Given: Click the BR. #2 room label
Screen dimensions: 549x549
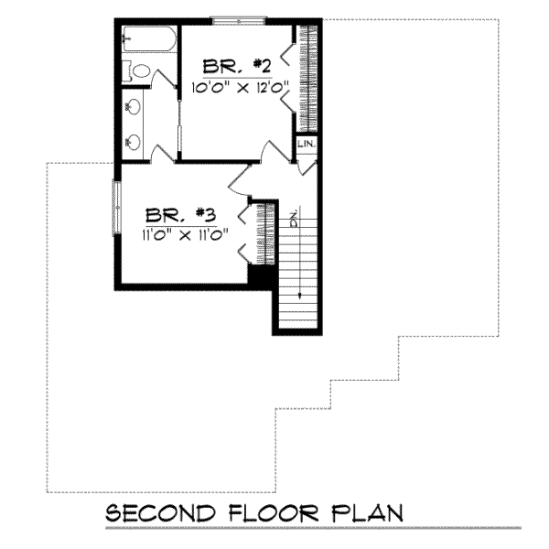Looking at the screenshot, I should click(235, 67).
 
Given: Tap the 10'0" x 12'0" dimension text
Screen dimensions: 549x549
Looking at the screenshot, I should click(239, 89).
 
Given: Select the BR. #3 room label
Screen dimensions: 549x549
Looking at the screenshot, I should click(180, 216).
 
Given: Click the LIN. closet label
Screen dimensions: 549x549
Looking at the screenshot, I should click(306, 145).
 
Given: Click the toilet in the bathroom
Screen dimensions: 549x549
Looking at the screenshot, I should click(141, 72).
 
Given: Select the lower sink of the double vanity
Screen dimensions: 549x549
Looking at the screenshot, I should click(134, 142).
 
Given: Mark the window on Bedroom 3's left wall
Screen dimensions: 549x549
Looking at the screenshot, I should click(116, 207).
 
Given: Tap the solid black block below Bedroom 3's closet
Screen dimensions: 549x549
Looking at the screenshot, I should click(262, 275).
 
